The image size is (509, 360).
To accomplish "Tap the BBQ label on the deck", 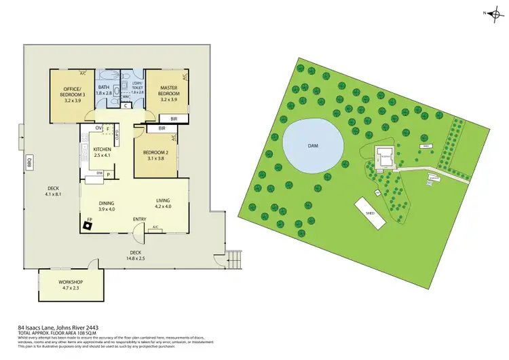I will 29,164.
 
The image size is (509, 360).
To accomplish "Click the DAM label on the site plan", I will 313,145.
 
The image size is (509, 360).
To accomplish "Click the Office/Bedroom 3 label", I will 72,92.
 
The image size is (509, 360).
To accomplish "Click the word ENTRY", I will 140,219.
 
